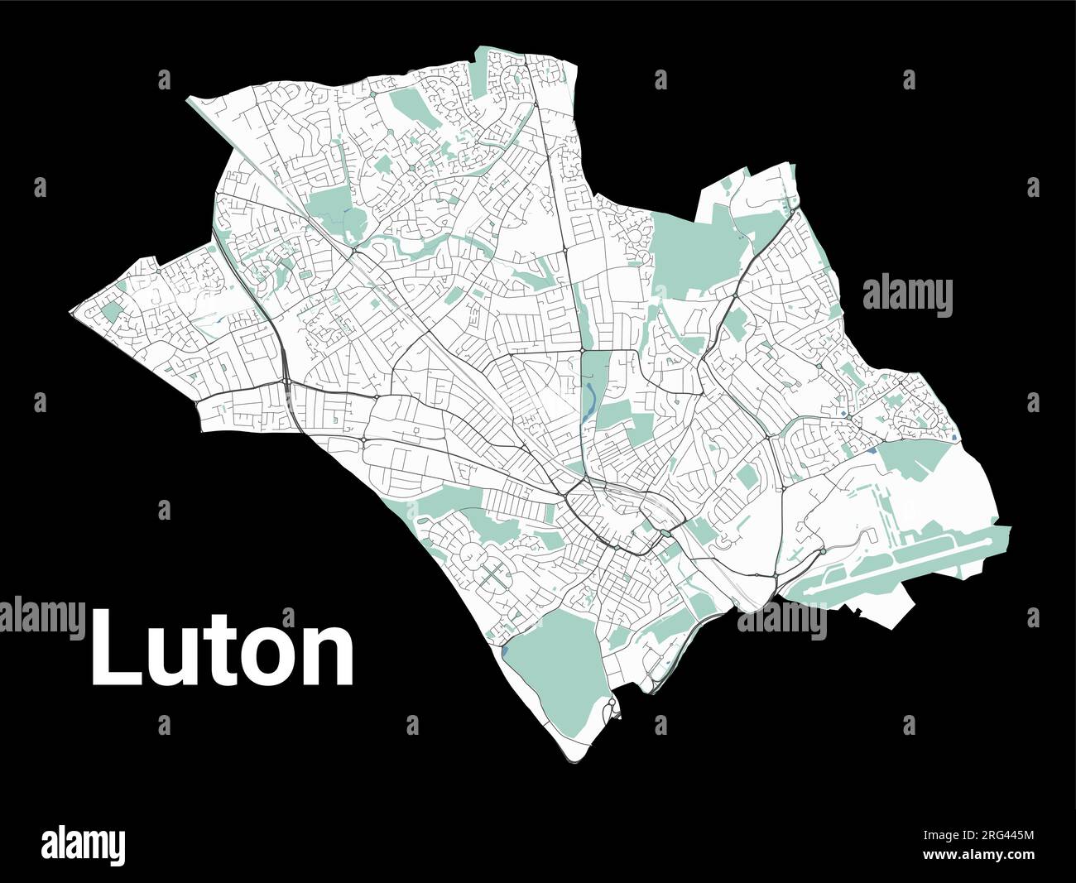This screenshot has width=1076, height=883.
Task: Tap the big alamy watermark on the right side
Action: coord(907,296)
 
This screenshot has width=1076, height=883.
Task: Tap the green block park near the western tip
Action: coord(110,313)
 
